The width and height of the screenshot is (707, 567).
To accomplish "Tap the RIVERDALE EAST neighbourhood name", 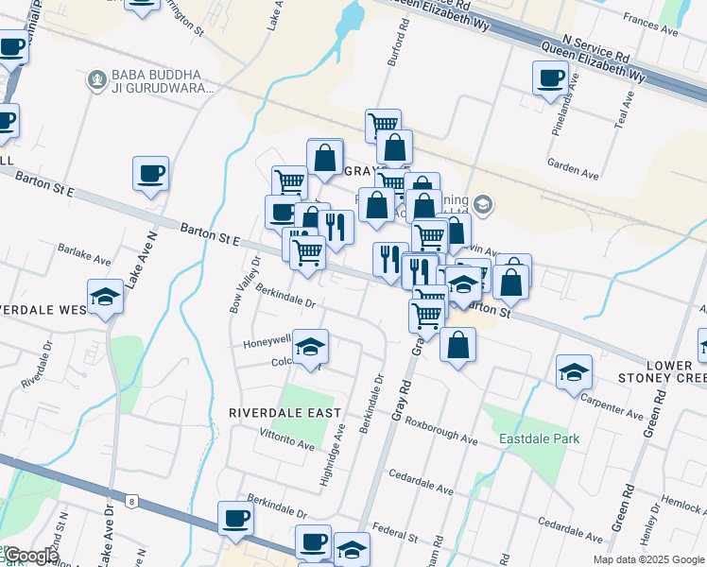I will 277,413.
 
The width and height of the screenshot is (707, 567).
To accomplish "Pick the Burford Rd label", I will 398,46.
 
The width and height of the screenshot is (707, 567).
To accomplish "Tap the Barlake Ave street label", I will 84,256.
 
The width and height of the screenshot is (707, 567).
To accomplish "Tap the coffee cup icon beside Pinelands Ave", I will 550,79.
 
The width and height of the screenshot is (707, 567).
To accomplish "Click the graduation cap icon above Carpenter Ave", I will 574,372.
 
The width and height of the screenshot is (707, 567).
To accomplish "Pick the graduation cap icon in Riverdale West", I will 106,298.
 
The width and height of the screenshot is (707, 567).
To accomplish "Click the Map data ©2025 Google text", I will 648,559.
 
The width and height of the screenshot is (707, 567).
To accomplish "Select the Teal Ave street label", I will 624,112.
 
